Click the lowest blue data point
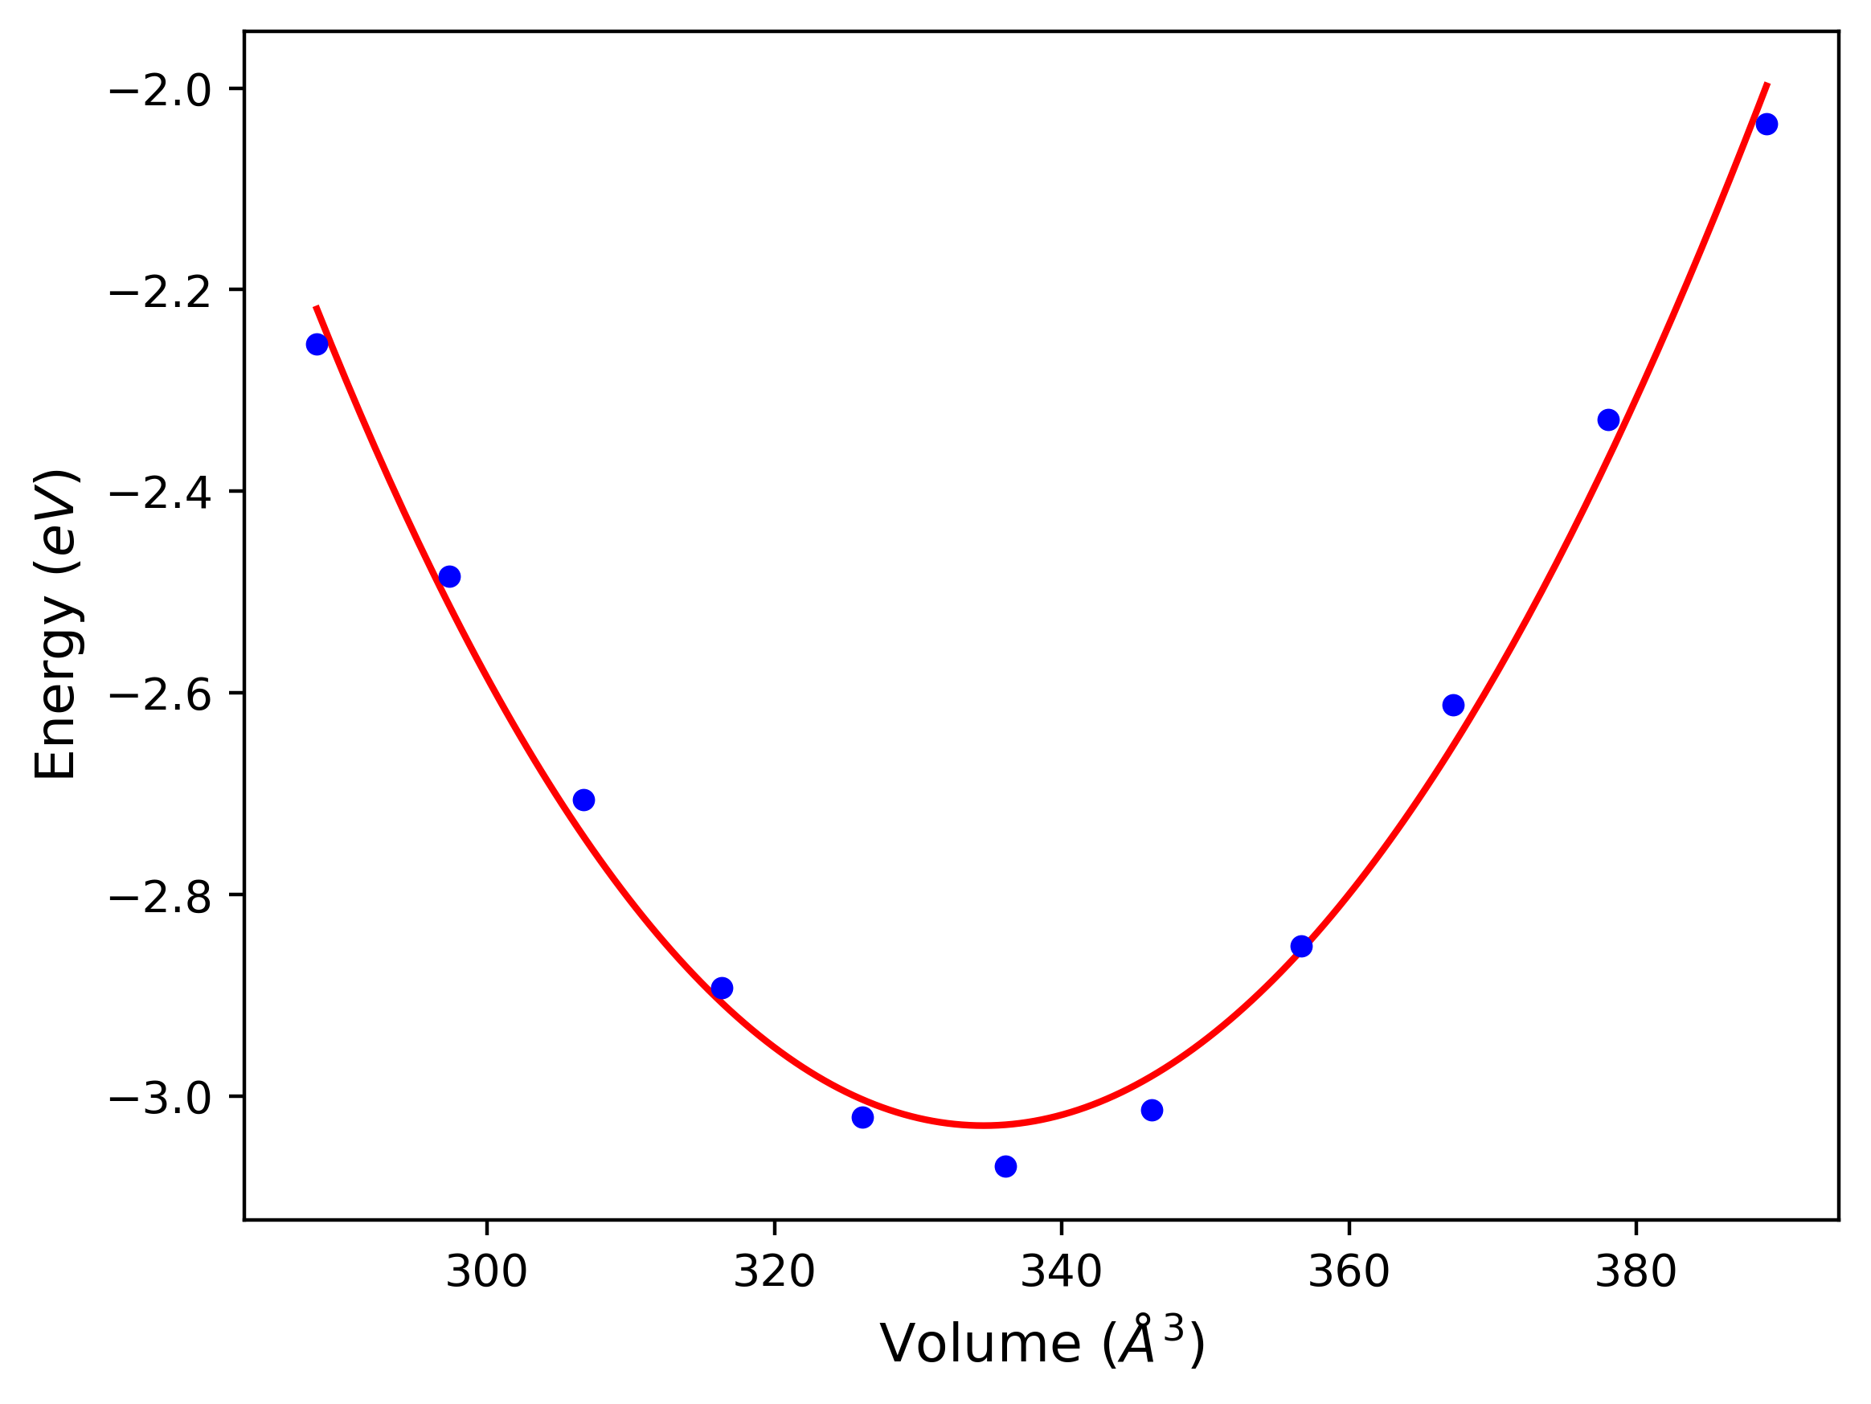tap(1005, 1166)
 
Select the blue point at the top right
tap(1766, 125)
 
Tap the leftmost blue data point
tap(317, 344)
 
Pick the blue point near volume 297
tap(449, 577)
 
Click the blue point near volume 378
tap(1608, 420)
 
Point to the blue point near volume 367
tap(1453, 706)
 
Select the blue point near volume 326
tap(862, 1117)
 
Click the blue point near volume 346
tap(1151, 1111)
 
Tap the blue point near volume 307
tap(583, 800)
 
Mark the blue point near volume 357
tap(1301, 947)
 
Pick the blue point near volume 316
tap(722, 988)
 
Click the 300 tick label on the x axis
tap(486, 1272)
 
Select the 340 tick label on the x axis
tap(1062, 1272)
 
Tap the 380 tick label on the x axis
tap(1636, 1272)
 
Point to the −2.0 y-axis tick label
tap(161, 91)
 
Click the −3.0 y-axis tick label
tap(161, 1098)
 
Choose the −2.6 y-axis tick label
tap(161, 695)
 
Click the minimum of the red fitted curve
tap(984, 1126)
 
